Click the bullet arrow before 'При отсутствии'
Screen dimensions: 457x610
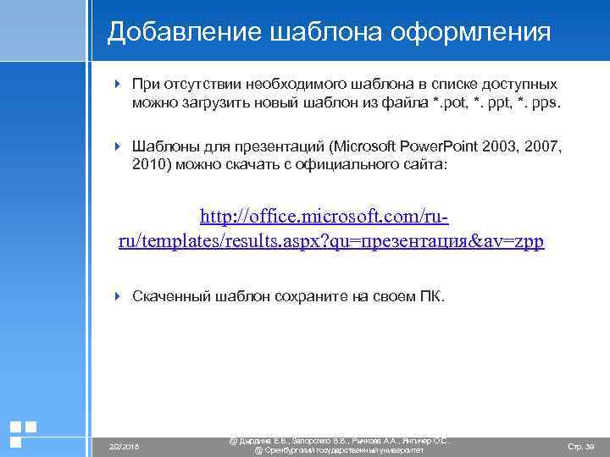tap(119, 85)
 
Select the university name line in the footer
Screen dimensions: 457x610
tap(339, 451)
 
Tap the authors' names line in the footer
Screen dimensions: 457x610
tap(339, 440)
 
